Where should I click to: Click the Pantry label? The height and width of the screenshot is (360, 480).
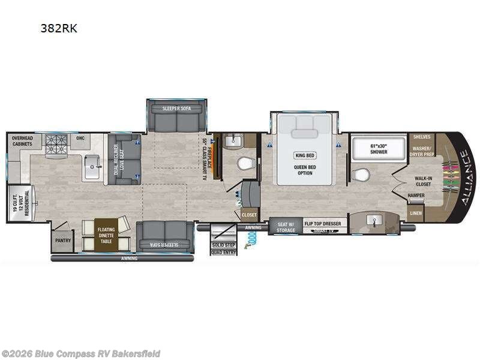coord(62,241)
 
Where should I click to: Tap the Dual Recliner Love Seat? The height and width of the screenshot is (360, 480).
coord(124,158)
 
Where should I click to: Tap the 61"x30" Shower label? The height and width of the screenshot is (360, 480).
coord(378,149)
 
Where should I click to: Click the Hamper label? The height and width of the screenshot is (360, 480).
coord(415,196)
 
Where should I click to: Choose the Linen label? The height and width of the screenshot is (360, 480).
coord(415,213)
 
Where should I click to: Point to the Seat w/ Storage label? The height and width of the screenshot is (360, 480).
coord(285,227)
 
